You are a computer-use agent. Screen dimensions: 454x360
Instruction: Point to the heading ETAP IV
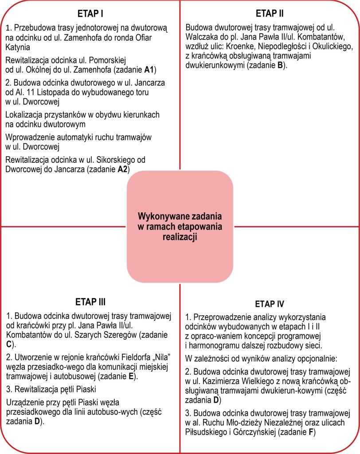pyautogui.click(x=270, y=304)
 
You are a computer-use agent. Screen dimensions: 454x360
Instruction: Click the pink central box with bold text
pyautogui.click(x=180, y=227)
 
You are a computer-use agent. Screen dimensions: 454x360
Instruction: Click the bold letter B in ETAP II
pyautogui.click(x=280, y=66)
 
